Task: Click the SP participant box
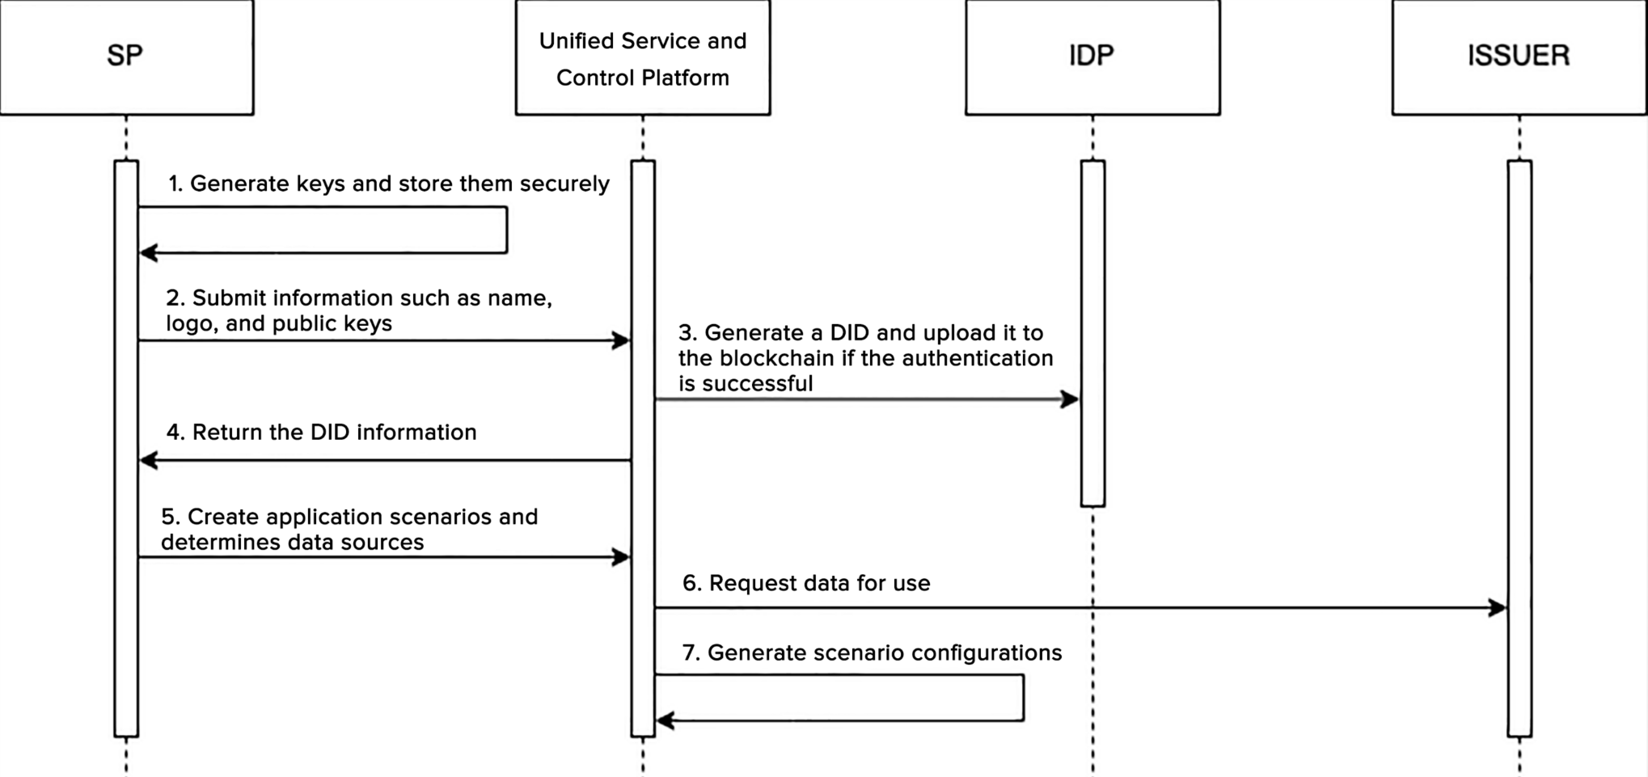click(x=126, y=57)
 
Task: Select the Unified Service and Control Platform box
click(x=643, y=58)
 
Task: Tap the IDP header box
click(x=1092, y=57)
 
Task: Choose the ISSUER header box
click(x=1519, y=57)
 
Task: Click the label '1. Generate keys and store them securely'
click(x=388, y=184)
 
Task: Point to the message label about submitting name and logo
click(x=359, y=310)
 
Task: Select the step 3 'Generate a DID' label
click(x=865, y=358)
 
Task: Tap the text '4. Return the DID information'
click(x=321, y=433)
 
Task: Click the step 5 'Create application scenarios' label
click(x=349, y=530)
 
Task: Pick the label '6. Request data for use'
click(x=806, y=584)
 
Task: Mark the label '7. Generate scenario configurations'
click(x=872, y=653)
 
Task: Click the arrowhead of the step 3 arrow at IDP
click(x=1071, y=399)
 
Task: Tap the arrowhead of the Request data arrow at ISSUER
click(x=1498, y=608)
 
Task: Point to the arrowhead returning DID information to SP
click(x=149, y=461)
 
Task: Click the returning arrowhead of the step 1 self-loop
click(x=149, y=253)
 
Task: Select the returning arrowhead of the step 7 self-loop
click(x=666, y=720)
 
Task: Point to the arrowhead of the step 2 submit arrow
click(x=621, y=340)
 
